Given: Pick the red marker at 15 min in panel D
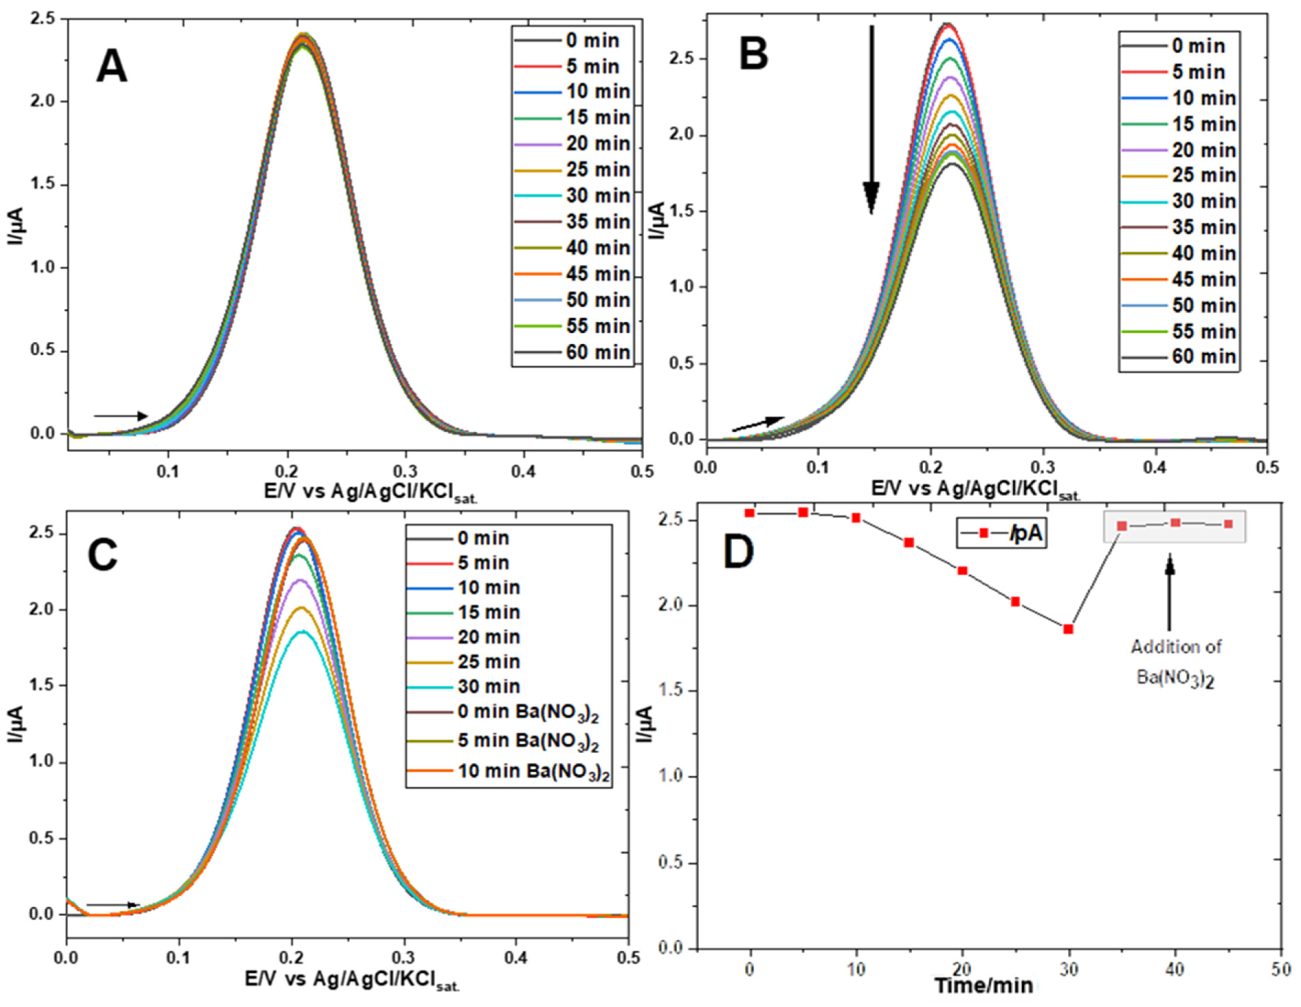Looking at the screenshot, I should click(909, 542).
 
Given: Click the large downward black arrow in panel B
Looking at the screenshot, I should click(871, 119).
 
